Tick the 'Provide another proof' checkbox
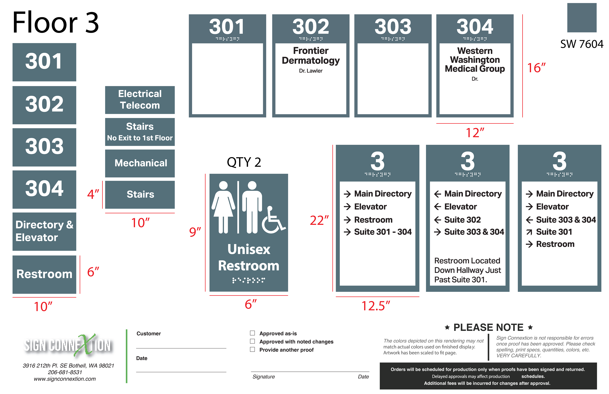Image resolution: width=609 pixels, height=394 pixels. pos(252,349)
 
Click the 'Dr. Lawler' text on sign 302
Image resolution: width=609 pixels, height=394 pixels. pos(311,71)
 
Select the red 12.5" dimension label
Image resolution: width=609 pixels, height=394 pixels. pos(375,306)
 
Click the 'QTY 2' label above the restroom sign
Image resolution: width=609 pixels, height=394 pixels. pos(244,162)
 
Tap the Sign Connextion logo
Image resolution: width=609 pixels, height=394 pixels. pos(67,345)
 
